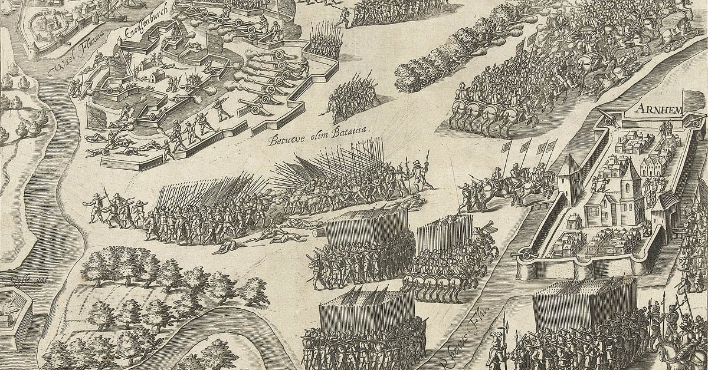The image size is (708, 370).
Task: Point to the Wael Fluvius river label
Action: (74, 62)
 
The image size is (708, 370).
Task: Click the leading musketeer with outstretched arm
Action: (94, 200)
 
